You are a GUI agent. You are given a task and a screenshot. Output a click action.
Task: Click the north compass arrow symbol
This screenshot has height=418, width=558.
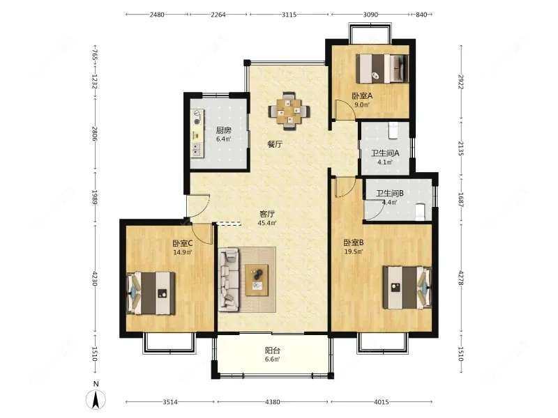pyautogui.click(x=96, y=398)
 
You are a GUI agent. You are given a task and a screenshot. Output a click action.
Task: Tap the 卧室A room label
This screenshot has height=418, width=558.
pyautogui.click(x=362, y=96)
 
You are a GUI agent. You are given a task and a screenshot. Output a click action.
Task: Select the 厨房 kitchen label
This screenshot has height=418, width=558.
pyautogui.click(x=223, y=130)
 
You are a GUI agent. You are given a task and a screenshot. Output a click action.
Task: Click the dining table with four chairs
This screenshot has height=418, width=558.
pyautogui.click(x=289, y=111)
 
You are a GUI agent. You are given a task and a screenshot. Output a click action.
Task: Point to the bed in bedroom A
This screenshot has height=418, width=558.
pyautogui.click(x=382, y=68)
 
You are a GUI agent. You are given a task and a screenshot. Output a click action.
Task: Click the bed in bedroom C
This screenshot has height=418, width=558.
pyautogui.click(x=151, y=293)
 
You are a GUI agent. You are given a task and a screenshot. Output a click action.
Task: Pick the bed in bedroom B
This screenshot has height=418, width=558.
pyautogui.click(x=407, y=288)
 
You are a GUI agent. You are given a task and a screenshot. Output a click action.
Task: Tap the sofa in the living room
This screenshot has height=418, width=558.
pyautogui.click(x=229, y=280)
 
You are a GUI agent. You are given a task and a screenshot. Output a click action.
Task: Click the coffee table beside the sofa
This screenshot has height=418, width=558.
pyautogui.click(x=257, y=280)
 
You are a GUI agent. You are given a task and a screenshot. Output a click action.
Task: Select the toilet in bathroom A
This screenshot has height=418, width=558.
pyautogui.click(x=393, y=130)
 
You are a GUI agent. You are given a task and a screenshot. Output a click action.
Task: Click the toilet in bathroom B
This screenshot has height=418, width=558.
pyautogui.click(x=421, y=211)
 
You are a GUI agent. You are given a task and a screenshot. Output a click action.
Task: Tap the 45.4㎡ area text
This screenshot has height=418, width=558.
pyautogui.click(x=267, y=223)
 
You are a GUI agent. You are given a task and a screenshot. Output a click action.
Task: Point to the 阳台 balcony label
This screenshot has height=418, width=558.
pyautogui.click(x=273, y=350)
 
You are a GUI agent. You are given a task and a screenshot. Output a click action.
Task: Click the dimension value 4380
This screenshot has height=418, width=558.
pyautogui.click(x=273, y=402)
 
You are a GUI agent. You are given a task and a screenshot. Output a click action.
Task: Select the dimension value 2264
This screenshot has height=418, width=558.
pyautogui.click(x=218, y=15)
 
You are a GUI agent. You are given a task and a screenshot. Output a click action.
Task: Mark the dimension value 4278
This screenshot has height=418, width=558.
pyautogui.click(x=461, y=278)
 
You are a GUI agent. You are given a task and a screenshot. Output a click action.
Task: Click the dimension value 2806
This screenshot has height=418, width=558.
pyautogui.click(x=95, y=134)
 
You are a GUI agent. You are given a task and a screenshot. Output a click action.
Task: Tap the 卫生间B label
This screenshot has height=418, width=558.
pyautogui.click(x=390, y=194)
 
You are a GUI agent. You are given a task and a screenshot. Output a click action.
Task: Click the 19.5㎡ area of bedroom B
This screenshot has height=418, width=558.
pyautogui.click(x=353, y=251)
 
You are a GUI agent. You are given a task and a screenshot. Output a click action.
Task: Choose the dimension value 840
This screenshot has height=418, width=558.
pyautogui.click(x=421, y=15)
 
